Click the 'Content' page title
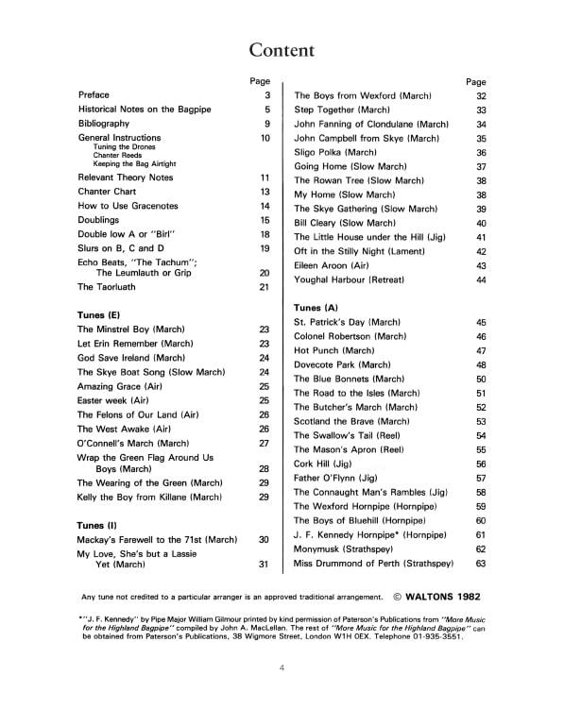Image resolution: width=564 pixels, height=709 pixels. coord(282,49)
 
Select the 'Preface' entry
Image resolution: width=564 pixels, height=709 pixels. coord(94,95)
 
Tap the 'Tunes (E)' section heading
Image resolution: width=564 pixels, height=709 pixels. coord(98,312)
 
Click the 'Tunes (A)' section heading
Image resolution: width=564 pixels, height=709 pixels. coord(316,308)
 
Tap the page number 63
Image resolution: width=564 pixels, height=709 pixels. coord(480,564)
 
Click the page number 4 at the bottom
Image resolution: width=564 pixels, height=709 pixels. coord(282,668)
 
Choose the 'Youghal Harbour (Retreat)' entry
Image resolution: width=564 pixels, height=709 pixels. coord(351,280)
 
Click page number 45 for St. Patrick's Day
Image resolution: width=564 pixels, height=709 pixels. coord(480,322)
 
